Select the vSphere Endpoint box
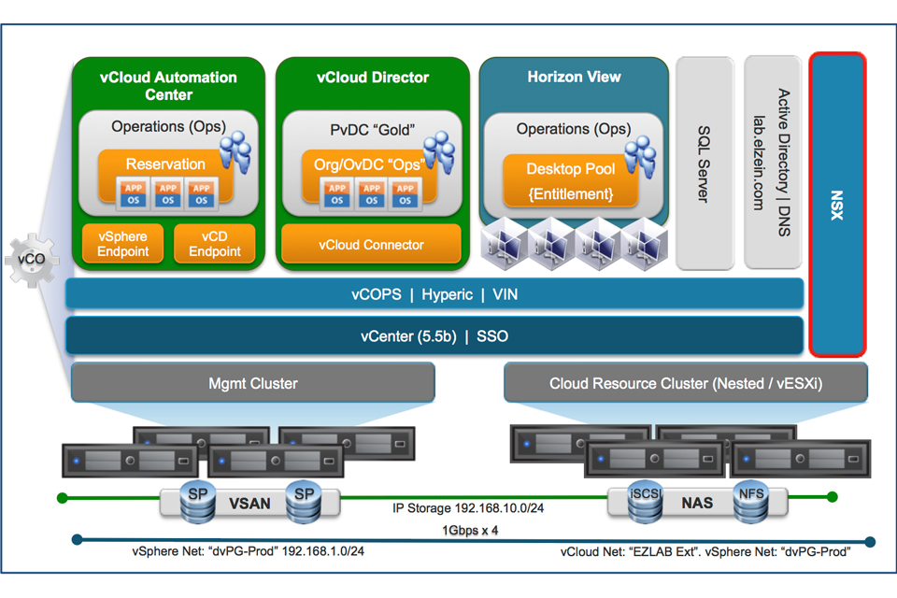[123, 243]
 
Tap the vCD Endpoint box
[215, 243]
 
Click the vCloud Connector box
[371, 245]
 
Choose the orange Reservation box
[165, 164]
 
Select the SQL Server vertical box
[704, 164]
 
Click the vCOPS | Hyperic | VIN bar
[434, 294]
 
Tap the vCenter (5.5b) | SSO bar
[434, 335]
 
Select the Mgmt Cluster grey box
[252, 383]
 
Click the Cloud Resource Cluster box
[685, 383]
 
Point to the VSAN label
[249, 503]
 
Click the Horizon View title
[574, 77]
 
